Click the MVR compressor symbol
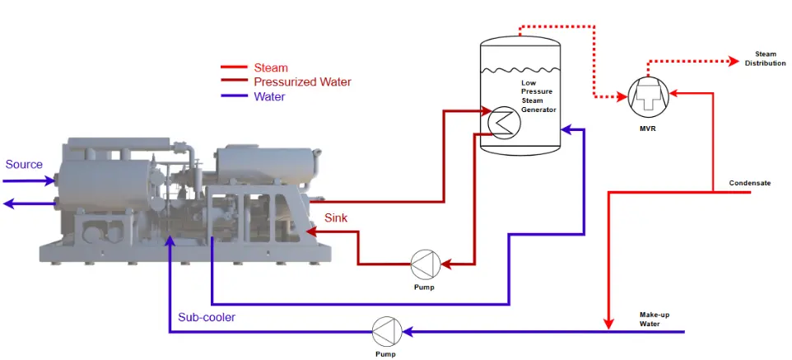648,97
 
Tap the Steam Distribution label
765,58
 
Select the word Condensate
750,183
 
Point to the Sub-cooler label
207,317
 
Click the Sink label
336,218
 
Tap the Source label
24,165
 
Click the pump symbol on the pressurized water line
426,264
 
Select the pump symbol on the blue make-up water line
387,332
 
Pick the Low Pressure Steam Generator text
538,96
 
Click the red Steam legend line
233,67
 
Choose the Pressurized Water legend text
302,82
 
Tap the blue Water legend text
269,96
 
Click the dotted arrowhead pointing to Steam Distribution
734,61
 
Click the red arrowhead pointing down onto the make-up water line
609,324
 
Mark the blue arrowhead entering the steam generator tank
566,129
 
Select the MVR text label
648,129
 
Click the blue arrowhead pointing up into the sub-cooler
170,241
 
